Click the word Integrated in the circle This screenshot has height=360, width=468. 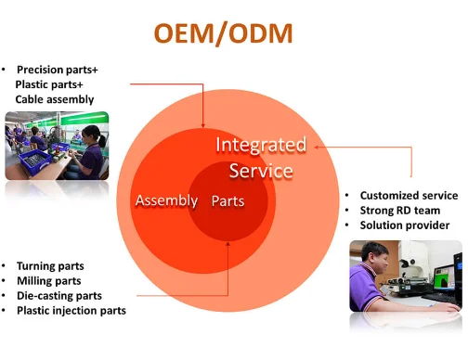pos(260,145)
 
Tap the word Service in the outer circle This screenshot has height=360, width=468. pos(261,171)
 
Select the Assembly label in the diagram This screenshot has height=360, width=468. pos(166,200)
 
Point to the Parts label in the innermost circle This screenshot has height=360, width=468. pos(227,200)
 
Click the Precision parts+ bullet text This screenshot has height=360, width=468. pos(58,70)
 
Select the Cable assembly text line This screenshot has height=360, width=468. pos(54,99)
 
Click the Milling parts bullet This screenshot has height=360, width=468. pos(48,280)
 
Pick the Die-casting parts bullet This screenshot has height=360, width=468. pos(57,295)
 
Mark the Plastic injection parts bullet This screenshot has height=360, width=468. pos(71,310)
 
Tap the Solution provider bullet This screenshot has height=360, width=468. pos(404,225)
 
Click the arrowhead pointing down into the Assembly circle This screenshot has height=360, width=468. pos(203,123)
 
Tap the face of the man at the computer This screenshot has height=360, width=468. pos(370,256)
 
